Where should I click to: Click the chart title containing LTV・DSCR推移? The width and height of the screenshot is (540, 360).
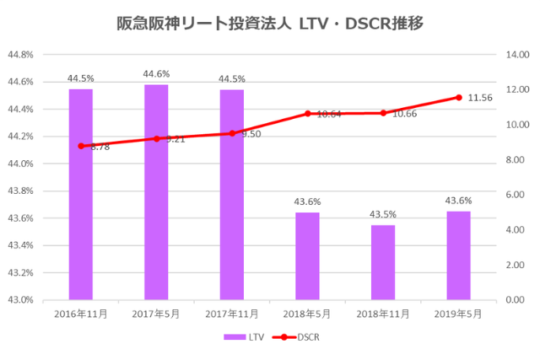(270, 23)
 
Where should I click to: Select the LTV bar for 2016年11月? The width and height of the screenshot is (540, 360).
(81, 194)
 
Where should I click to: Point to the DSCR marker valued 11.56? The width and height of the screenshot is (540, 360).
(459, 97)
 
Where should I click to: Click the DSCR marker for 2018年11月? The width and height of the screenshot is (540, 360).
(383, 113)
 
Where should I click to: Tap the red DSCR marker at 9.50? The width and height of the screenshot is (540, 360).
(232, 133)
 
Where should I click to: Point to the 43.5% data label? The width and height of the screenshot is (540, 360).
(383, 215)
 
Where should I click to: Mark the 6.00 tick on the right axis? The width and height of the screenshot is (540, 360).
(516, 195)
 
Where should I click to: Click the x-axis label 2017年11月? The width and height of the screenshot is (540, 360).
(232, 314)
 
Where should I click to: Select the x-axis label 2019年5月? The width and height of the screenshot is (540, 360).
(458, 314)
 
